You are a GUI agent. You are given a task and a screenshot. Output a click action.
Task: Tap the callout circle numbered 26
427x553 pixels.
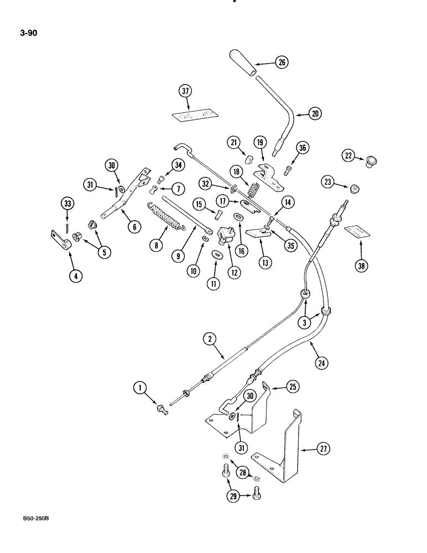281,63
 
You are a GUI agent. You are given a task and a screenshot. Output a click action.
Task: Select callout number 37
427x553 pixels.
185,91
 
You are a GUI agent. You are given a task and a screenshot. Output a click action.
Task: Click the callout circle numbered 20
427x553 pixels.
315,114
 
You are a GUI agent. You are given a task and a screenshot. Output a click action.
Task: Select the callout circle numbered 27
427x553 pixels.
324,450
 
